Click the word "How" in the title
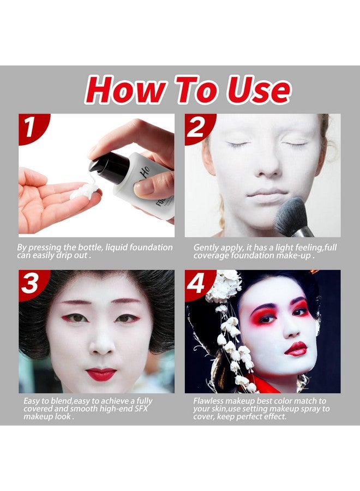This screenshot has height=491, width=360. click(122, 89)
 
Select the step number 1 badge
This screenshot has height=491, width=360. click(31, 127)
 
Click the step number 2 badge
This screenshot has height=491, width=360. click(197, 127)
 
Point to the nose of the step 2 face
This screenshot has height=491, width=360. click(268, 166)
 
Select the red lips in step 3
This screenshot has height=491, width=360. click(101, 374)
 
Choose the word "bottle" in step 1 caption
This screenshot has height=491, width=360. click(104, 248)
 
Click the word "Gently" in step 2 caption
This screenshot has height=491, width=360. click(207, 248)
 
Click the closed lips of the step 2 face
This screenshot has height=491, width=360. click(267, 194)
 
